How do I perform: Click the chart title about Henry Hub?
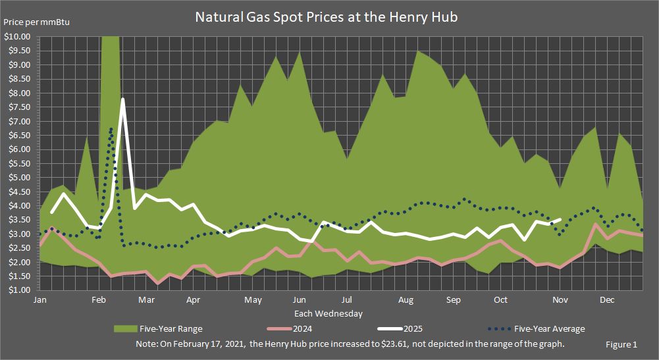coord(326,18)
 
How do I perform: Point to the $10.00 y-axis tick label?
coord(17,37)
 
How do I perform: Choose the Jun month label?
coord(299,300)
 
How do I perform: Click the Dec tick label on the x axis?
coord(607,300)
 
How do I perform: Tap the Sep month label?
coord(454,300)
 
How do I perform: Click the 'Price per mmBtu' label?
coord(37,22)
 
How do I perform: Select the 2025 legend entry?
coord(404,328)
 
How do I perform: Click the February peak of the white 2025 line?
coord(122,99)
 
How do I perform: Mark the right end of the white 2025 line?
coord(560,220)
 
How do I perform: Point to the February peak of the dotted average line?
coord(111,129)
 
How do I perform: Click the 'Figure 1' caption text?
coord(621,344)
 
